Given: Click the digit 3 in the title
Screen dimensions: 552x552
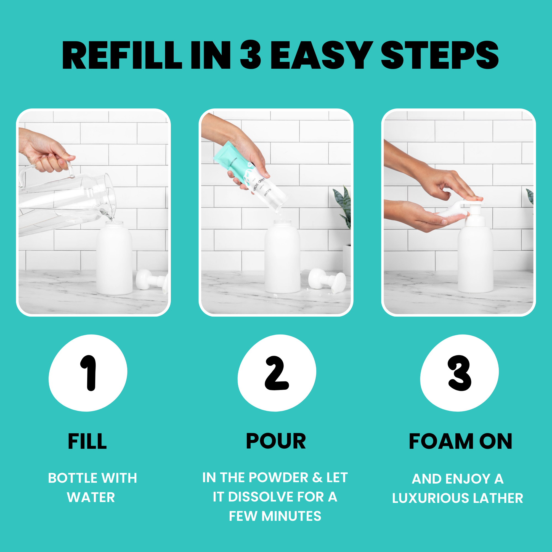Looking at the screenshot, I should coord(250,55).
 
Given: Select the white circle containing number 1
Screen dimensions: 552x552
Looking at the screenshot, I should coord(88,373).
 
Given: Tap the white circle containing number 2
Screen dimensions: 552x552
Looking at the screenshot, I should coord(277,373).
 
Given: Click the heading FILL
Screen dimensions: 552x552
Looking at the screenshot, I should coord(87,441).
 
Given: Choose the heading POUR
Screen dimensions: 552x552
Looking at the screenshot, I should coord(276,441).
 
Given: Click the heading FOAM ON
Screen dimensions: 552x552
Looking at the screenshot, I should coord(460,441).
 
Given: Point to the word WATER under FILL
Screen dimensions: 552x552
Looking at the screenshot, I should coord(91,497).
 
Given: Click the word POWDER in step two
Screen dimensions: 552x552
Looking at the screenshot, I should coord(278,478).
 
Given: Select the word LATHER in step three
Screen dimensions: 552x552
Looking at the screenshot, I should coord(498,498).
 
